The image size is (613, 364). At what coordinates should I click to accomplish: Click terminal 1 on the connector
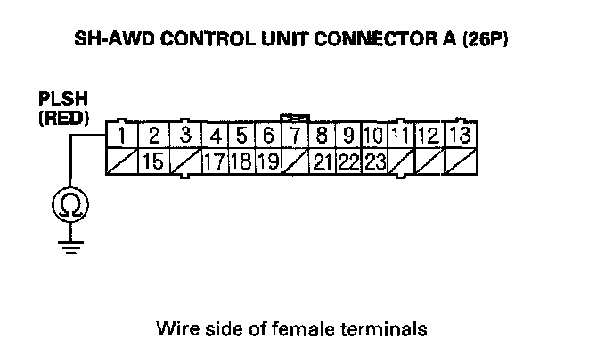121,136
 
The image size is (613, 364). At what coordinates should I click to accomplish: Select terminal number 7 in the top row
294,136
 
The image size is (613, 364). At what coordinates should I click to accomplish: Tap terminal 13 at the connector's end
460,136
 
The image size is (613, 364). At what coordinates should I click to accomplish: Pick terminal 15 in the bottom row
153,161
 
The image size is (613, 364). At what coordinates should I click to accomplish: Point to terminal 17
214,161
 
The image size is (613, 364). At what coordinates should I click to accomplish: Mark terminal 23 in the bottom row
375,161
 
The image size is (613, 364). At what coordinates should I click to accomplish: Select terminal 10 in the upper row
374,136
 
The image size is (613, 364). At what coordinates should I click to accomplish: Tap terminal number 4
216,136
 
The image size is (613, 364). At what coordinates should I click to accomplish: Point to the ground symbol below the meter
68,244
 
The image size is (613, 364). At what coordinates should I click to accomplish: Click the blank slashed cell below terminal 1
121,161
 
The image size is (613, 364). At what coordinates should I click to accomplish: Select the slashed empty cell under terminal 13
460,161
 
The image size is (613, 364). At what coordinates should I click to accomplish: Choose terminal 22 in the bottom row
348,161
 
